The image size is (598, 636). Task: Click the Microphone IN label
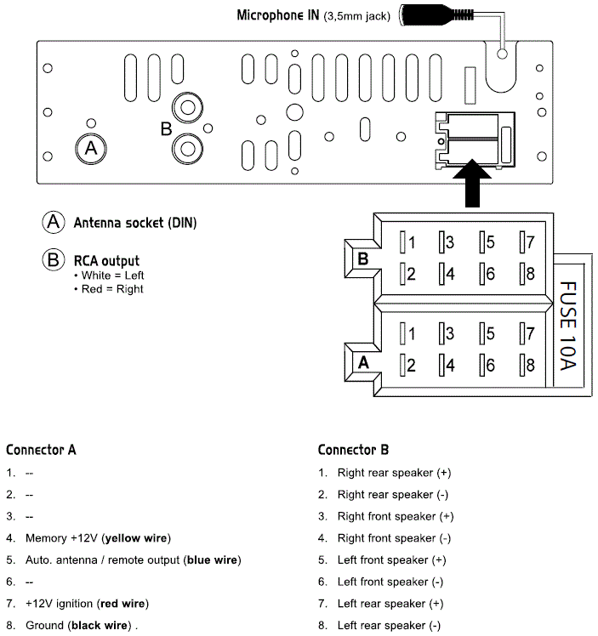point(277,14)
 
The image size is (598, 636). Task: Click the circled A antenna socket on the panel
point(91,149)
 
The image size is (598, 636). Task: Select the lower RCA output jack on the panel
point(187,149)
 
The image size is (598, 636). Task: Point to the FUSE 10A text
point(568,325)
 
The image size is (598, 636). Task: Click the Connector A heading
point(41,449)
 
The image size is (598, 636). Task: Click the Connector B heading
point(353,449)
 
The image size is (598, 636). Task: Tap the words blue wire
point(212,560)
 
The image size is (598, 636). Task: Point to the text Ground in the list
point(44,626)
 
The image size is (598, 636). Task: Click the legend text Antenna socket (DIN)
point(134,223)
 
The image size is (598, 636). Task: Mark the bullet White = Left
point(112,275)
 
